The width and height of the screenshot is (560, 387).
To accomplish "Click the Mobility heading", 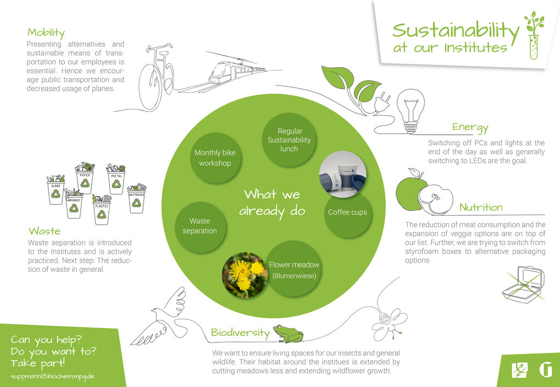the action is pos(46,33).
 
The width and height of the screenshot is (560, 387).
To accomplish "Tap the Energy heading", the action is pos(470,128).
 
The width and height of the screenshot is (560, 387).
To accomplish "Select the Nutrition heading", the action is pos(481,207).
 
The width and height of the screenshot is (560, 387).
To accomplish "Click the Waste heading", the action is pos(45,231).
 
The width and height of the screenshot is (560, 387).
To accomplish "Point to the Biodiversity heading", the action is pos(240,333).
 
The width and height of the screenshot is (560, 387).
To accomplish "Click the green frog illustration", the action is pos(288,334).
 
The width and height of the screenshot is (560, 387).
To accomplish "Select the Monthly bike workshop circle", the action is pos(215,158).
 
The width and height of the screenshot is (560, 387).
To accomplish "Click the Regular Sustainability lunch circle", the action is pos(289,140).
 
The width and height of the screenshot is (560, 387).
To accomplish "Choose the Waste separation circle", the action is pos(200,226).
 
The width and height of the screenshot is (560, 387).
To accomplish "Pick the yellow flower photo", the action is pos(245,275).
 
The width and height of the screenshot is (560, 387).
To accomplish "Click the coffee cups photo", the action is pos(342,174).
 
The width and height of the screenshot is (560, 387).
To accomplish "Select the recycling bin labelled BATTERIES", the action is pos(137,198).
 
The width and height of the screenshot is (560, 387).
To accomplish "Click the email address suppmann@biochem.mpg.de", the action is pos(53,377).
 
